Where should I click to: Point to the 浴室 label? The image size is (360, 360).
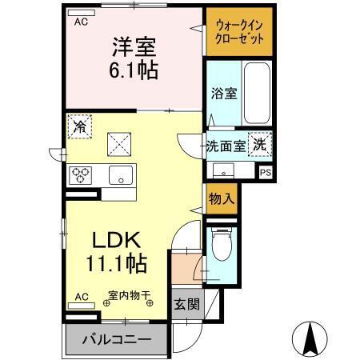(x=223, y=94)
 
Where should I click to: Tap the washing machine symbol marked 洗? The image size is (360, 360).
(x=260, y=145)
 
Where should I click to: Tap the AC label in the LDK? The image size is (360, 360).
(x=82, y=295)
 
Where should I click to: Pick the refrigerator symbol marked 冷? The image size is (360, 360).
(x=79, y=126)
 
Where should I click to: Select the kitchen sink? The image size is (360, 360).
(x=120, y=176)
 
